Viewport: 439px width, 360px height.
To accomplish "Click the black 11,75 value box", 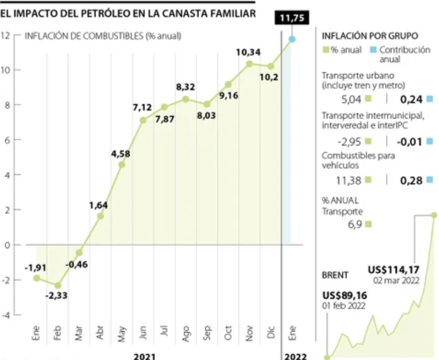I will (291, 18).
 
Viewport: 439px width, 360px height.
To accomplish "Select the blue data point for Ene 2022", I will (292, 39).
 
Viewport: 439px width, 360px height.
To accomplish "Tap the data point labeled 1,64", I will (100, 216).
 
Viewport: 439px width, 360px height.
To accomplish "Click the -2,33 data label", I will (56, 297).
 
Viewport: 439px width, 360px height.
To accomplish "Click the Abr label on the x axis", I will (100, 333).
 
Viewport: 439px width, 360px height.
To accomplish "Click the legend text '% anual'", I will (347, 50).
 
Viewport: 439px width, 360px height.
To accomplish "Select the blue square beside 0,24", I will (430, 99).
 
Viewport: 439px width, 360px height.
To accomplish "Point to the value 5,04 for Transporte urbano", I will (351, 99).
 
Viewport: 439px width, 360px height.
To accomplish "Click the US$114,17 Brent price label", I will (393, 270).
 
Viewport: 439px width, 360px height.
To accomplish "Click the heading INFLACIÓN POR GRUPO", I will (370, 36).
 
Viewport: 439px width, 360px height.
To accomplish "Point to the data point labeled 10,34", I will (249, 63).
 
